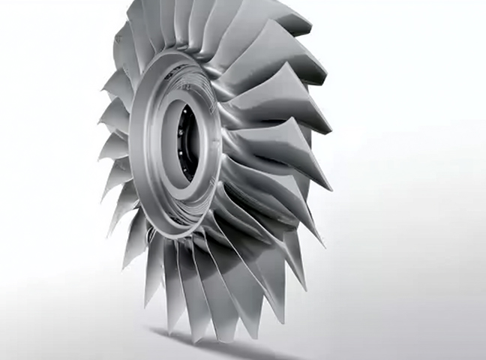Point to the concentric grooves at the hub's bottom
(180, 225)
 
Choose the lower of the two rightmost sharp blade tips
(330, 188)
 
